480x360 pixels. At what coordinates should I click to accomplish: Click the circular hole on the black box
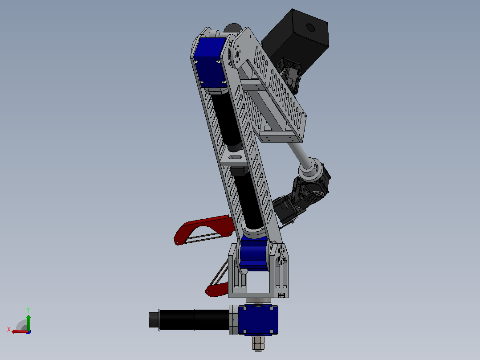(x=310, y=28)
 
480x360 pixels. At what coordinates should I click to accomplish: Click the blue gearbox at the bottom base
(x=258, y=319)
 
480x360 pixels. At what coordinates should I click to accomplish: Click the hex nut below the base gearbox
(x=258, y=343)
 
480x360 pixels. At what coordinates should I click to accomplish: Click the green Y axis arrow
(x=28, y=323)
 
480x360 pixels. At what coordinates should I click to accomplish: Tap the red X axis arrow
(x=20, y=331)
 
